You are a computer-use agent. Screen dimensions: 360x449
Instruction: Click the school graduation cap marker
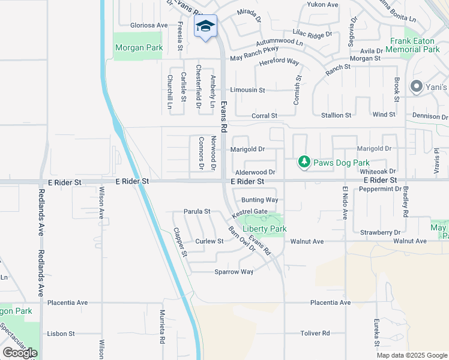click(x=205, y=26)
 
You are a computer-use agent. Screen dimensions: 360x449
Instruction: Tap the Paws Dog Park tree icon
click(x=304, y=162)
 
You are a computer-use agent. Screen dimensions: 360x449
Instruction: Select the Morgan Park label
click(x=138, y=47)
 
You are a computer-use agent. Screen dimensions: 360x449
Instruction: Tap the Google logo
click(x=19, y=353)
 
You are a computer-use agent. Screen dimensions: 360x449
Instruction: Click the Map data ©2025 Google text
click(x=411, y=355)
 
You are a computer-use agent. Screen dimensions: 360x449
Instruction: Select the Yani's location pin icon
click(x=415, y=87)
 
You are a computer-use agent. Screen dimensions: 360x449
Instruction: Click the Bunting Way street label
click(x=259, y=200)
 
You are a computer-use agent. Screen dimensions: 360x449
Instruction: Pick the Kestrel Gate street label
click(x=250, y=211)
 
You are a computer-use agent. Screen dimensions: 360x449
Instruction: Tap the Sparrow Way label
click(x=234, y=272)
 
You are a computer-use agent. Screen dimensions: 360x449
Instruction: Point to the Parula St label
click(x=197, y=211)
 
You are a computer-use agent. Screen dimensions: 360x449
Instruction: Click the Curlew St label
click(x=209, y=241)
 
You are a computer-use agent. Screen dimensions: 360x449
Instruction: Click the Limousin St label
click(x=250, y=90)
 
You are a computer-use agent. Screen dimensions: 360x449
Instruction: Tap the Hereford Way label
click(x=279, y=62)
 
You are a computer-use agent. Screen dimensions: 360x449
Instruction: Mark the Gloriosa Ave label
click(x=149, y=25)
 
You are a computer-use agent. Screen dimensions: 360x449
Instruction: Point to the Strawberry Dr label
click(x=380, y=232)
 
